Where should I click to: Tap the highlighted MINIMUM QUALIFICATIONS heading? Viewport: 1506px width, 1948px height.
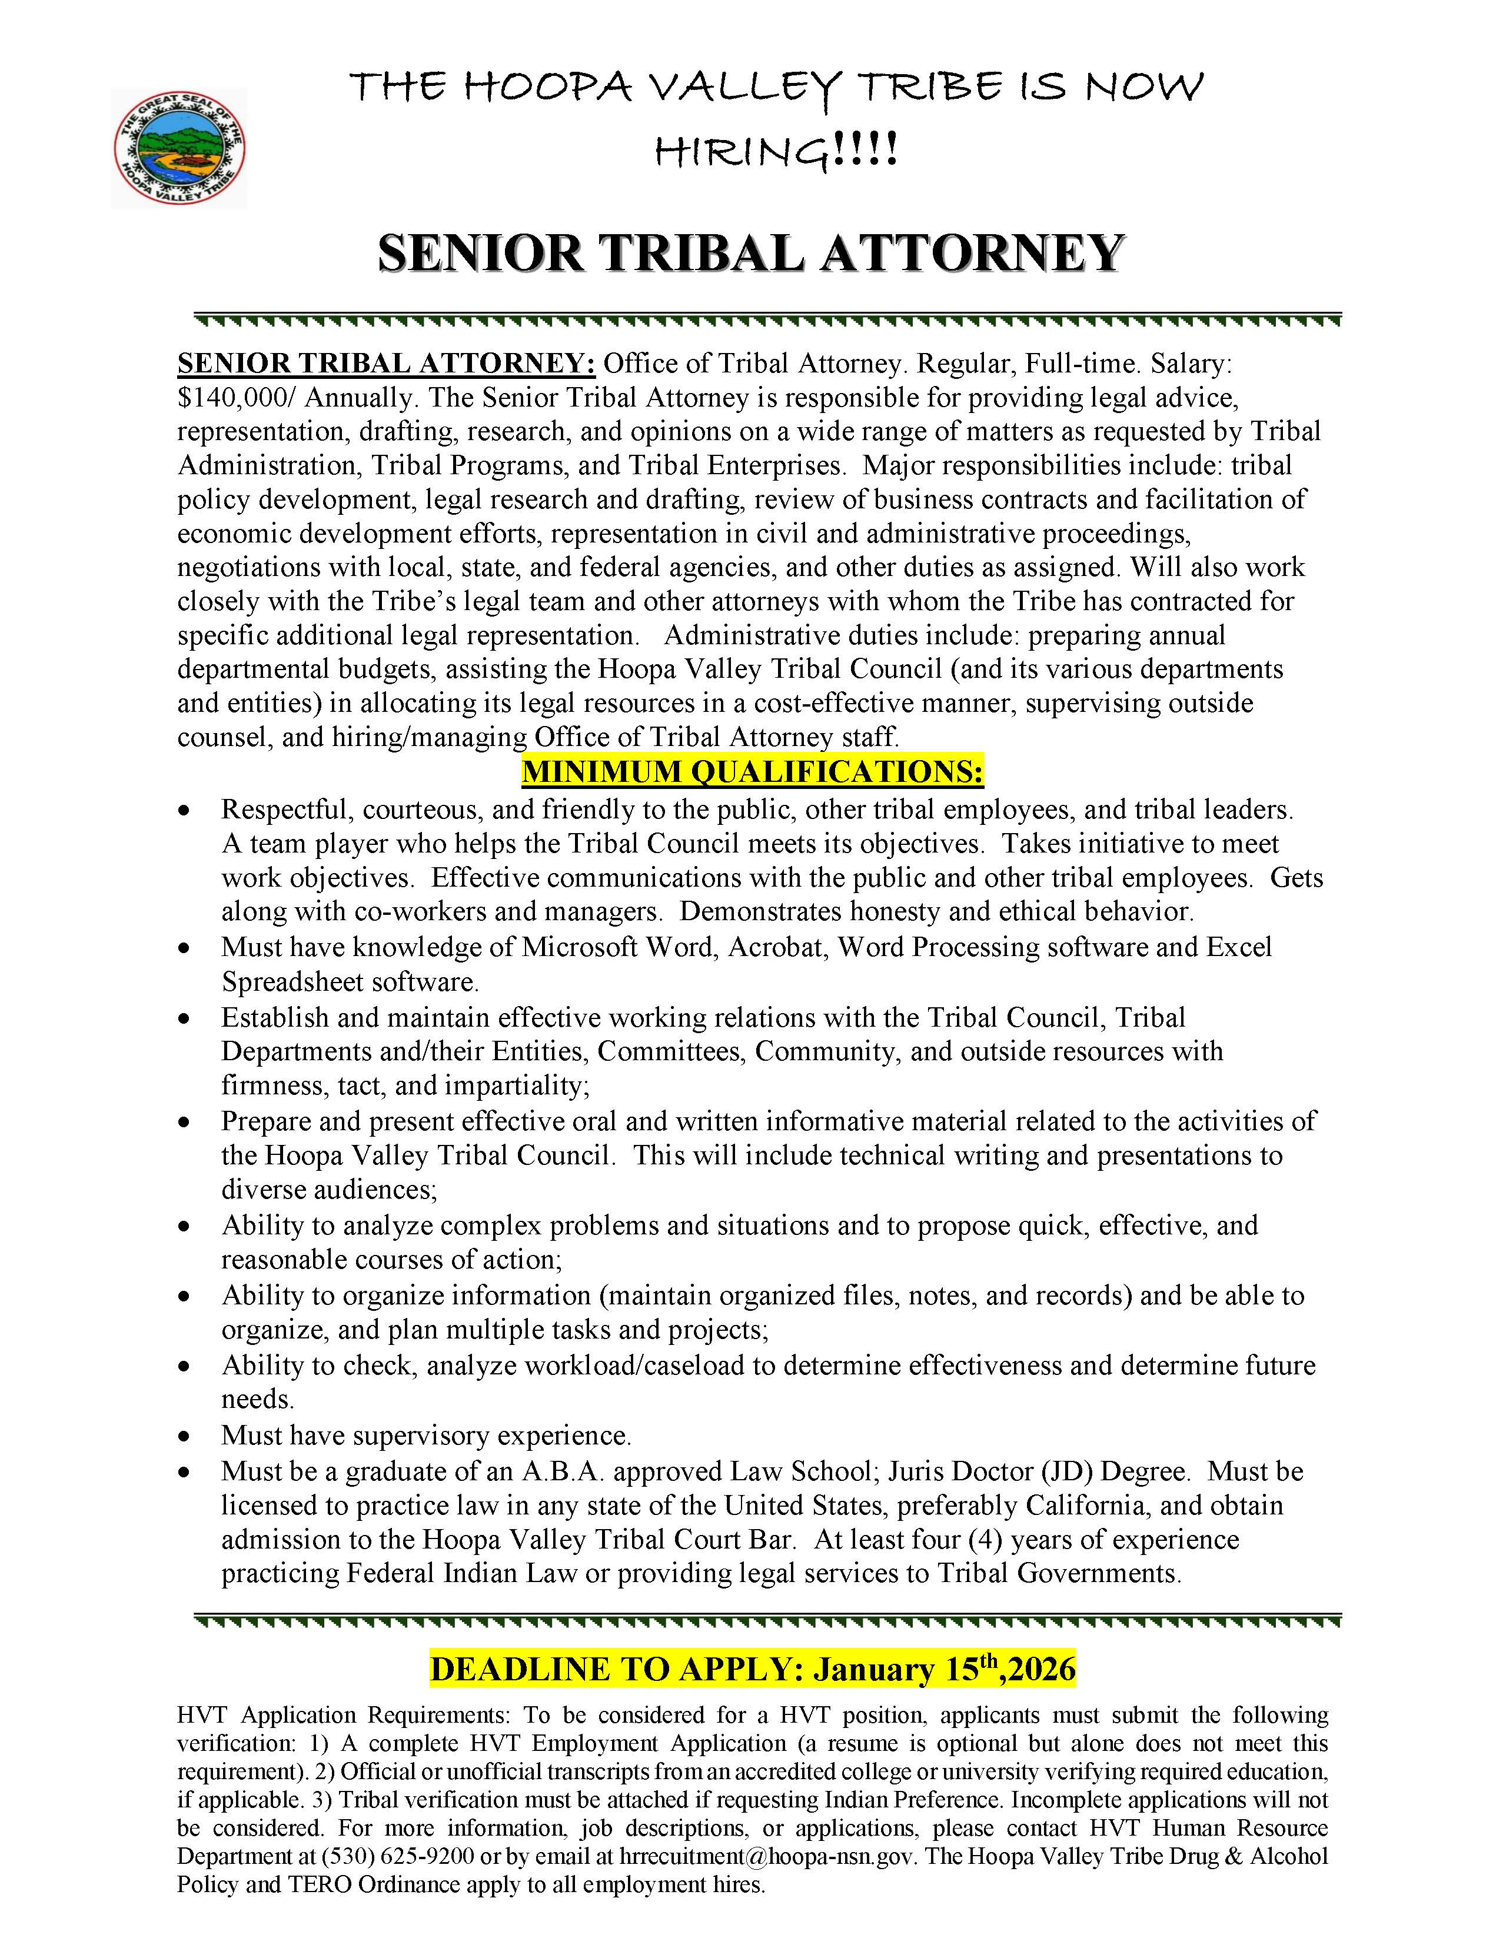(752, 771)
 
